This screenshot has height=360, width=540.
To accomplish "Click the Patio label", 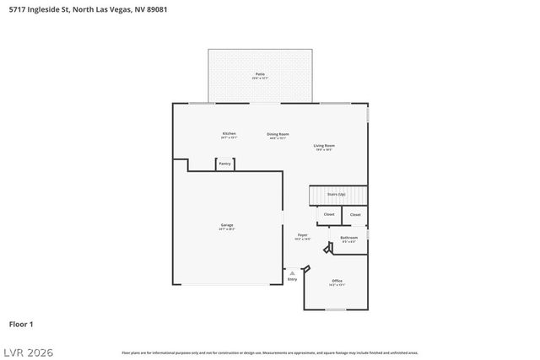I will (x=260, y=75).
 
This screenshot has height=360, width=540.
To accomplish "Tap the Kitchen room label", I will (x=229, y=133).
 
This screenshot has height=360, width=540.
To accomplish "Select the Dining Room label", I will (x=278, y=135).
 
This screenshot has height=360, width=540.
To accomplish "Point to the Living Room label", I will (x=325, y=147).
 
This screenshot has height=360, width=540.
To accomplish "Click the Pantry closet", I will (x=225, y=164).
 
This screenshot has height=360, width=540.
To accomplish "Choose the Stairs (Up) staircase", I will (x=337, y=195).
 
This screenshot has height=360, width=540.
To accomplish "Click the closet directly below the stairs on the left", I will (x=329, y=214).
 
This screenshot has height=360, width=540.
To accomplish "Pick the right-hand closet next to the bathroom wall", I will (x=355, y=215).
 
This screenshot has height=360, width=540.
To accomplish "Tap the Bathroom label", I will (x=349, y=238).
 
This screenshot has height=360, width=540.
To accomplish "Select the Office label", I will (x=337, y=281).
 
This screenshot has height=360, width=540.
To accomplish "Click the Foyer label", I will (x=302, y=235).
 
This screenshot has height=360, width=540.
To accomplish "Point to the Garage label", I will (x=227, y=225).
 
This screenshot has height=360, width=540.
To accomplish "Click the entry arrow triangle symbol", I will (x=292, y=272).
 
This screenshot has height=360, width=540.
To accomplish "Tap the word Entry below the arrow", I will (x=292, y=279).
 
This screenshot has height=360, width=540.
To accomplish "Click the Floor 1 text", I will (x=21, y=324).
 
